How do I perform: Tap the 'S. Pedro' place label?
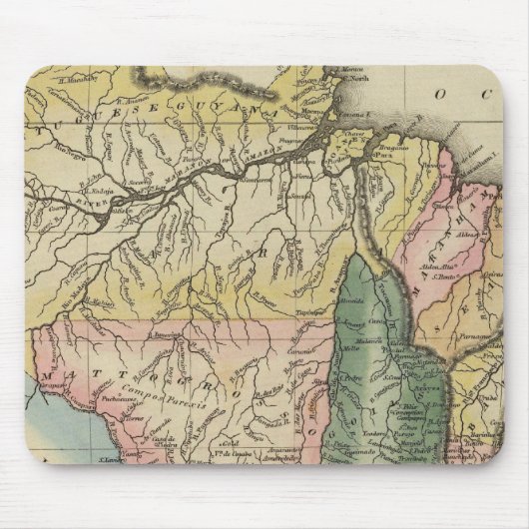(x=348, y=378)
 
